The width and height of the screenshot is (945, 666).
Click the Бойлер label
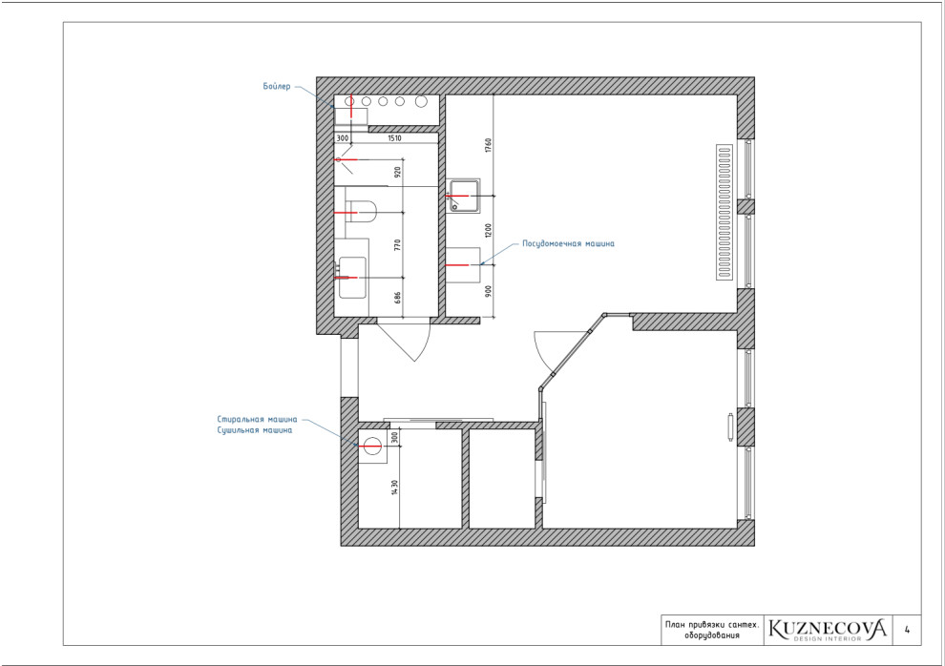point(277,86)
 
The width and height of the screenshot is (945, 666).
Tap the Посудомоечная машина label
point(568,244)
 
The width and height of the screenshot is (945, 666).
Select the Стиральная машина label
point(257,419)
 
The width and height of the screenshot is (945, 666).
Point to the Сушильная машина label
point(255,430)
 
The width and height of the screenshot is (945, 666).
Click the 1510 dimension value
point(394,138)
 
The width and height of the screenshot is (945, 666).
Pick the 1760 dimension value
point(488,145)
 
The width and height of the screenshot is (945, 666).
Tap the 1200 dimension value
point(488,230)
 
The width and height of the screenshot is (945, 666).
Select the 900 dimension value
point(488,290)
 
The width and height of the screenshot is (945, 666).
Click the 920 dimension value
point(397,173)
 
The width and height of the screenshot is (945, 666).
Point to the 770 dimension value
point(397,244)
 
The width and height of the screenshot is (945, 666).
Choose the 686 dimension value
point(397,297)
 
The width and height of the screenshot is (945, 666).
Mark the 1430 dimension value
point(395,488)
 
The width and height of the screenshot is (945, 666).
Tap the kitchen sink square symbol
point(464,196)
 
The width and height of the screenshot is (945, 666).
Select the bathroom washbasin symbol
point(352,278)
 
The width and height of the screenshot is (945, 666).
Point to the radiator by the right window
point(724,212)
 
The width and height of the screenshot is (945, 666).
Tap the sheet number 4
point(907,630)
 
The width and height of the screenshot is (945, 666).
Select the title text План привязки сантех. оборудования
point(712,630)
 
